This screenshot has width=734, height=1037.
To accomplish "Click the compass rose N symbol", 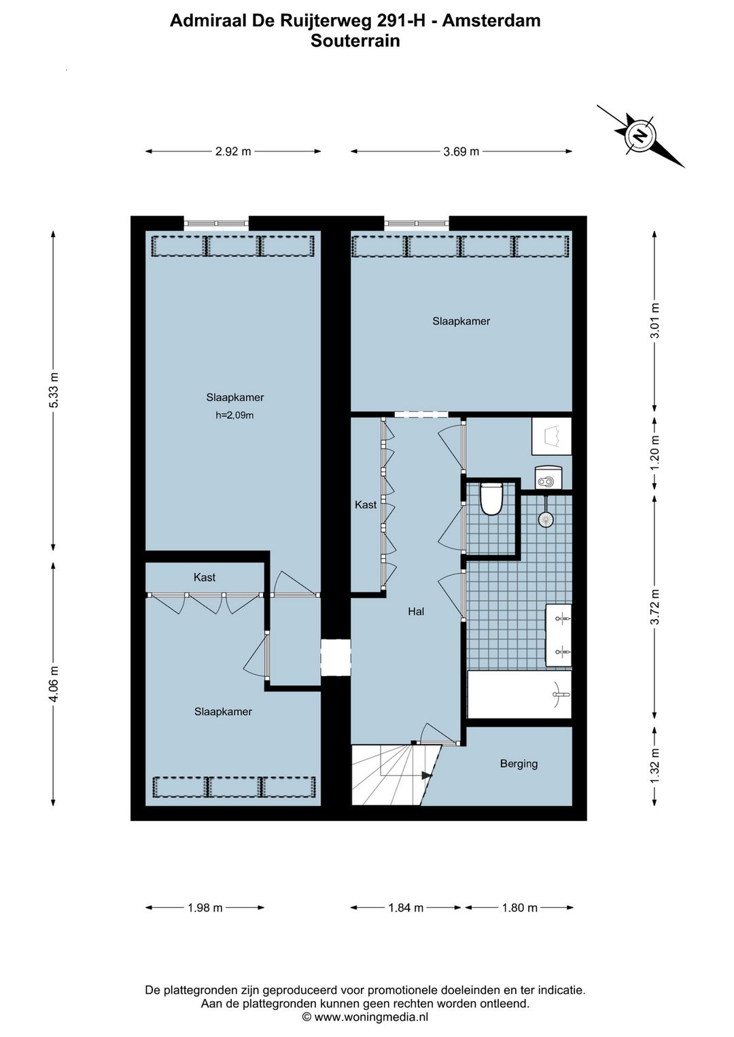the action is [640, 136].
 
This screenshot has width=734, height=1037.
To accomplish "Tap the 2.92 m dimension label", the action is [233, 152].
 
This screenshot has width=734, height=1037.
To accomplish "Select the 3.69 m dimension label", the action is [461, 152].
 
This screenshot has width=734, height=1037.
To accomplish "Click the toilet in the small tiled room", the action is [491, 499].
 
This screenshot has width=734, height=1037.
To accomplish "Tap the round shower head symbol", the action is [546, 518].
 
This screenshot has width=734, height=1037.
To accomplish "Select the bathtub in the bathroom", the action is [519, 695].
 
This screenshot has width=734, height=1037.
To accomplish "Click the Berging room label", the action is [519, 763].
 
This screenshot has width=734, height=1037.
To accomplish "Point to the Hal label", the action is [416, 612].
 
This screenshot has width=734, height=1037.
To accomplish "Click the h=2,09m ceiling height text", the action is [234, 415].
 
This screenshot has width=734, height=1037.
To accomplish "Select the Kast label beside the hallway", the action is [366, 505].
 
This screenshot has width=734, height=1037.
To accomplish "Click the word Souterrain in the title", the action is [355, 41].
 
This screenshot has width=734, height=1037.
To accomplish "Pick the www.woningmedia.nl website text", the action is [371, 1017].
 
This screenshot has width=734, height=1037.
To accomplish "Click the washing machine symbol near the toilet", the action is [548, 478].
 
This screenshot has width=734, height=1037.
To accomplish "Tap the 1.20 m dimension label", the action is [654, 454].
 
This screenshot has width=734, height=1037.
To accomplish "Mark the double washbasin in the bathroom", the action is [559, 635].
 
